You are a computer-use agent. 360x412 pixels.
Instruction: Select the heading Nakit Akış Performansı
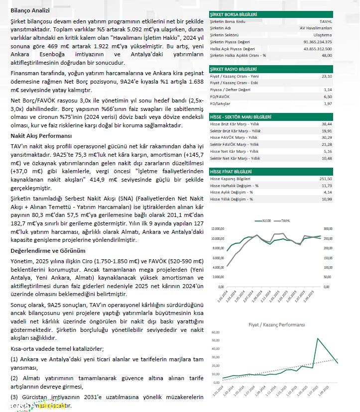tap(41, 135)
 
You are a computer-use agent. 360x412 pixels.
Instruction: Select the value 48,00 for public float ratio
tap(326, 55)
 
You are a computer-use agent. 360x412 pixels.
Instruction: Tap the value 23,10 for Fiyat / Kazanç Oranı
tap(327, 76)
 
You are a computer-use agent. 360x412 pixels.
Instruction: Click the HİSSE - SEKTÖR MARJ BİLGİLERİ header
tap(240, 116)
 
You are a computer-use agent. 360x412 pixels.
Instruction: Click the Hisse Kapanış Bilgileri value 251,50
tap(326, 178)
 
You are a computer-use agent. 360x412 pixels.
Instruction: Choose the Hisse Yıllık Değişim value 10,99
tap(327, 199)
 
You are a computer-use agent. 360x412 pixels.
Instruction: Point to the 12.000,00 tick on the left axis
tap(218, 229)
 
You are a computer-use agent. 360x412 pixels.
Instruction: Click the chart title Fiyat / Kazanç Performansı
tap(276, 324)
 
